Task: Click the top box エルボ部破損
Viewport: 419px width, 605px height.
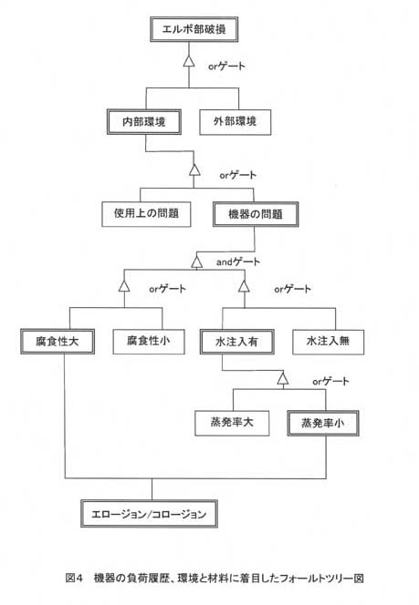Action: [x=194, y=29]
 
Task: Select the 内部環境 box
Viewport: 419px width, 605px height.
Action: [x=144, y=122]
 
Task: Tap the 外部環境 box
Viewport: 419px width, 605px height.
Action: [x=235, y=122]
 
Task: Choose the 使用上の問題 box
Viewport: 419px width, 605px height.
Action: [x=146, y=214]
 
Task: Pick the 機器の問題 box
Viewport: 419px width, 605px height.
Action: [x=256, y=214]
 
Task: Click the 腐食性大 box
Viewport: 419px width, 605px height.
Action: [x=58, y=342]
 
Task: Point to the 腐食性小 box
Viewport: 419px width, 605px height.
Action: [x=149, y=342]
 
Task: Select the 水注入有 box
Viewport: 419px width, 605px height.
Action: [x=237, y=342]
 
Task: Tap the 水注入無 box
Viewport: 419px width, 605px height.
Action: [x=328, y=342]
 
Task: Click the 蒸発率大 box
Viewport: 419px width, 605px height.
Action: [x=232, y=424]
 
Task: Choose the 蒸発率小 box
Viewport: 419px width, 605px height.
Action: [x=323, y=424]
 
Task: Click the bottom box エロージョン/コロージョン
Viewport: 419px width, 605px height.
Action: [x=149, y=514]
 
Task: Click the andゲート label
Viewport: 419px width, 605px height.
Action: [x=238, y=262]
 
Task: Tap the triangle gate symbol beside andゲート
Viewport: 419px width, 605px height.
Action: [x=197, y=262]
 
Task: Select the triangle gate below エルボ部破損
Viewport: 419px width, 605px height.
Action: [x=189, y=60]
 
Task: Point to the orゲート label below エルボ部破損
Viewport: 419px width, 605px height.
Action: [x=227, y=66]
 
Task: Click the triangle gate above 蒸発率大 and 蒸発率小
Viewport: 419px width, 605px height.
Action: [x=283, y=379]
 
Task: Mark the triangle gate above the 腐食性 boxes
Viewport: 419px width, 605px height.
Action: [x=124, y=286]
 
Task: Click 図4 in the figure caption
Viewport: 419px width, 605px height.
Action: [x=74, y=578]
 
